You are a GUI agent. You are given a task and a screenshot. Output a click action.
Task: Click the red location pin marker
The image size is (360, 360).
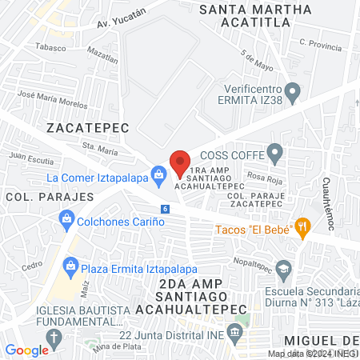point(180,163)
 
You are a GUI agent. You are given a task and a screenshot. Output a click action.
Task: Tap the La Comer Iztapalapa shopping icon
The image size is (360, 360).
point(159,173)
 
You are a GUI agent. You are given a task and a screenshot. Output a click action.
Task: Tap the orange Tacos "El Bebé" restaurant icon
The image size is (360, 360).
point(302,226)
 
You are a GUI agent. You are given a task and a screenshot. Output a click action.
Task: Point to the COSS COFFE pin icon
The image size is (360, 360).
point(275,151)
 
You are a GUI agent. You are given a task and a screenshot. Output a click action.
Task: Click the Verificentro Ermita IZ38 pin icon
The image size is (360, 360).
point(294,91)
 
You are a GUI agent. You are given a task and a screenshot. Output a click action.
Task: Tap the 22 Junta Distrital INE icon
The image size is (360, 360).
point(234,331)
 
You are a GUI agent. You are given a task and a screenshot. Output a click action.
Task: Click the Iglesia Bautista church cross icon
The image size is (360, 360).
point(54,335)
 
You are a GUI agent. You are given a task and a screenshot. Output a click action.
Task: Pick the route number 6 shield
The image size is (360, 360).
point(165,209)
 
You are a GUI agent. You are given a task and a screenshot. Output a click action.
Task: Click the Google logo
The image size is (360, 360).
point(26,350)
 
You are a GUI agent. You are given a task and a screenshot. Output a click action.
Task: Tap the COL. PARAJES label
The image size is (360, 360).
point(34,195)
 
